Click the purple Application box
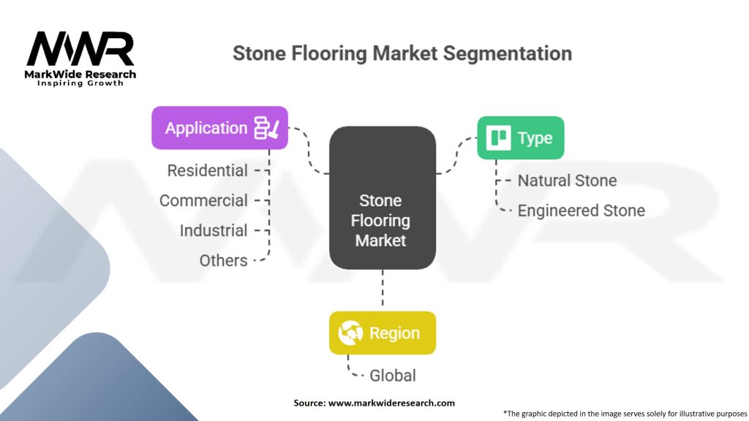tap(219, 128)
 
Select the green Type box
tap(520, 138)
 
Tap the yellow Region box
tap(382, 333)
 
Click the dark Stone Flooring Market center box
tap(382, 198)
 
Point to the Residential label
tap(208, 170)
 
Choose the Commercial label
tap(203, 200)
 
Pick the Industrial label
tap(214, 230)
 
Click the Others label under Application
tap(223, 260)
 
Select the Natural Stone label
tap(567, 181)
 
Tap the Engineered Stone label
tap(581, 210)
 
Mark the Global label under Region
tap(392, 376)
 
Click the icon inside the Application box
tap(266, 128)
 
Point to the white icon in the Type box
tap(500, 138)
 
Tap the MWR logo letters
tap(80, 50)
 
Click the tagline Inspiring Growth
tap(80, 83)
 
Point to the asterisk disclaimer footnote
tap(625, 413)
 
